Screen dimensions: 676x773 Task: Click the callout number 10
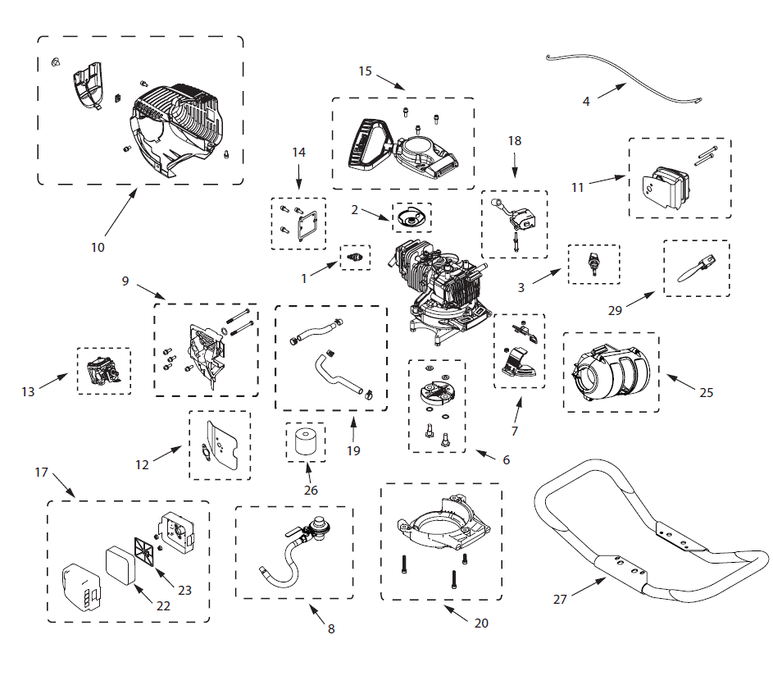pyautogui.click(x=98, y=247)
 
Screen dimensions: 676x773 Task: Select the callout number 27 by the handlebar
pyautogui.click(x=560, y=600)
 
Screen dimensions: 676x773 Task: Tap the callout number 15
pyautogui.click(x=366, y=71)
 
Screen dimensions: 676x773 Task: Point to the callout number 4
pyautogui.click(x=586, y=102)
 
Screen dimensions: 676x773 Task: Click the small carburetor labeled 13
pyautogui.click(x=103, y=371)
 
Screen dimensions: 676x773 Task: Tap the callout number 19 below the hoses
pyautogui.click(x=353, y=450)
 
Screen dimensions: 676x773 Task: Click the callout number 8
pyautogui.click(x=330, y=629)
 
